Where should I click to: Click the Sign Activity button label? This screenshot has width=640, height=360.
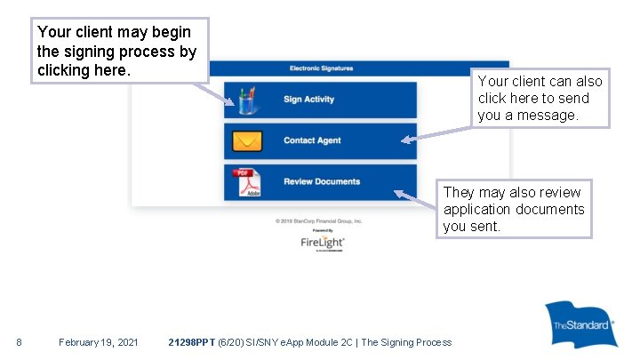(x=308, y=100)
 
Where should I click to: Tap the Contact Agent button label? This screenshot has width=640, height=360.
(x=312, y=140)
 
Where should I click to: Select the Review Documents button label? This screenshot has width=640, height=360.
(x=322, y=181)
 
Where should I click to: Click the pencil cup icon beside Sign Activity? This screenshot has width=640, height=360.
(x=247, y=100)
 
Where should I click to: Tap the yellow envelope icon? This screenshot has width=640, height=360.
(x=247, y=140)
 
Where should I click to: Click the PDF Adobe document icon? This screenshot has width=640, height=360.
(x=247, y=182)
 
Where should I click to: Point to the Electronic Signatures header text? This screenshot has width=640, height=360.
(x=321, y=68)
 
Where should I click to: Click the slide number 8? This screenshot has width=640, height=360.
(x=20, y=342)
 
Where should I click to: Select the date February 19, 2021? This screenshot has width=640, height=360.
(x=98, y=342)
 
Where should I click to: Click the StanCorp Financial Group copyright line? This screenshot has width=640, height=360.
(x=319, y=220)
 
